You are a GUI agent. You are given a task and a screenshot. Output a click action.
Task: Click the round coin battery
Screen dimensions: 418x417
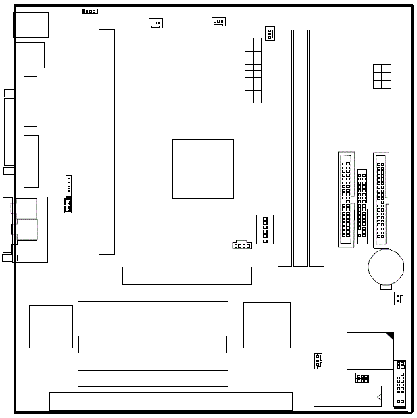[x=385, y=265]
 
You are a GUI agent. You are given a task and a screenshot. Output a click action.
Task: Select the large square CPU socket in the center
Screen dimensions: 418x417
[x=203, y=169]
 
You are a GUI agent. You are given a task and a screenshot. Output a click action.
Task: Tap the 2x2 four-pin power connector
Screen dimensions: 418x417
[x=381, y=76]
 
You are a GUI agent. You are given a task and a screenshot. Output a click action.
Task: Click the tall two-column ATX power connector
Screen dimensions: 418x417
[x=253, y=70]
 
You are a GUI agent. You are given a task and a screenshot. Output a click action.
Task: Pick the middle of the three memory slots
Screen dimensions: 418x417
[x=301, y=147]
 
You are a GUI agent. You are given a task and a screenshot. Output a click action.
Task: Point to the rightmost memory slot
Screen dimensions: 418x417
[x=316, y=147]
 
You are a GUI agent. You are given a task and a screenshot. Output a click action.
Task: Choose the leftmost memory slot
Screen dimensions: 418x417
[x=284, y=147]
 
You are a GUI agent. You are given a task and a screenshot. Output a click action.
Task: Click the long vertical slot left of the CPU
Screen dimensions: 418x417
[x=107, y=142]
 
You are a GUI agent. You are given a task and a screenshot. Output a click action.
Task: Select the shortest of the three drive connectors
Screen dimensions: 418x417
[x=362, y=206]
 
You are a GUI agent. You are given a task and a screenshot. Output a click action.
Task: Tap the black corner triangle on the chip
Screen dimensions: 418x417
[x=390, y=337]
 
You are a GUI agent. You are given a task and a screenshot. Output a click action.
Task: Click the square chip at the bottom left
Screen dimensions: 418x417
[x=51, y=327]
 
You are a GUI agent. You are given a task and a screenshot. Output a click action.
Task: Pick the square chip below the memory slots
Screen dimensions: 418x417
[x=266, y=325]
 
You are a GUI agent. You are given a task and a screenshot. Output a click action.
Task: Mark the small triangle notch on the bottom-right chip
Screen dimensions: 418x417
[x=379, y=397]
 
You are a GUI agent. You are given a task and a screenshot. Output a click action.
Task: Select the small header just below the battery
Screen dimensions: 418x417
[x=399, y=299]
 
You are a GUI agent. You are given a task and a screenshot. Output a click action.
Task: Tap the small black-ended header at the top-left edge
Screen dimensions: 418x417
[x=89, y=11]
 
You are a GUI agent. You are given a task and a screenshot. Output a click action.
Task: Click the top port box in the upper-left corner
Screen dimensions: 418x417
[x=32, y=24]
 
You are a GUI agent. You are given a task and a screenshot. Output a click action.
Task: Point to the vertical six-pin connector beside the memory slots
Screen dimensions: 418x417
[x=264, y=229]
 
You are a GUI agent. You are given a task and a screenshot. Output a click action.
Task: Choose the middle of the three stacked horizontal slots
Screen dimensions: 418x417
[x=153, y=344]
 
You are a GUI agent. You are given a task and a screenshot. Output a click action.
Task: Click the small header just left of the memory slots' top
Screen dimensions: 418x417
[x=270, y=34]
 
